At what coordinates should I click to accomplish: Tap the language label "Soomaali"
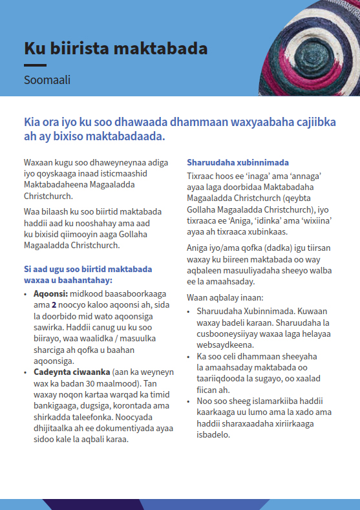(x=47, y=81)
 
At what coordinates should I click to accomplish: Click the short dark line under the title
(x=35, y=65)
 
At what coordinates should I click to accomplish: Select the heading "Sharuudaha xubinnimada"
(x=238, y=162)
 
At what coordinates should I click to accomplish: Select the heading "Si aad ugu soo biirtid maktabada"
(x=88, y=269)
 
